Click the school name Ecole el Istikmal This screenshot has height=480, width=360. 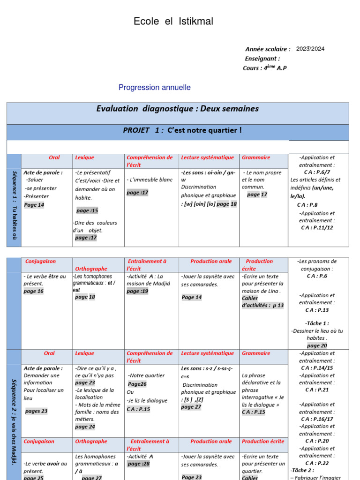click(x=173, y=21)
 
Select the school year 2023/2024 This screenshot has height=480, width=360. click(x=310, y=49)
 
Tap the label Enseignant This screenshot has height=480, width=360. click(x=262, y=59)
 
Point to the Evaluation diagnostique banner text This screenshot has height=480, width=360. click(x=177, y=109)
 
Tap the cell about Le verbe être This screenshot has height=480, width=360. click(x=45, y=280)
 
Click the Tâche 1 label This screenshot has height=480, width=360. click(x=317, y=323)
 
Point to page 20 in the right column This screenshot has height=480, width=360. click(x=317, y=345)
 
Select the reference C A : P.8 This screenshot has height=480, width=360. click(x=307, y=205)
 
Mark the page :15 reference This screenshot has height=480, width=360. click(x=87, y=210)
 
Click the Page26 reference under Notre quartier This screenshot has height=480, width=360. click(x=137, y=384)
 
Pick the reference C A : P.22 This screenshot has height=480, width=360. click(x=317, y=463)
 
